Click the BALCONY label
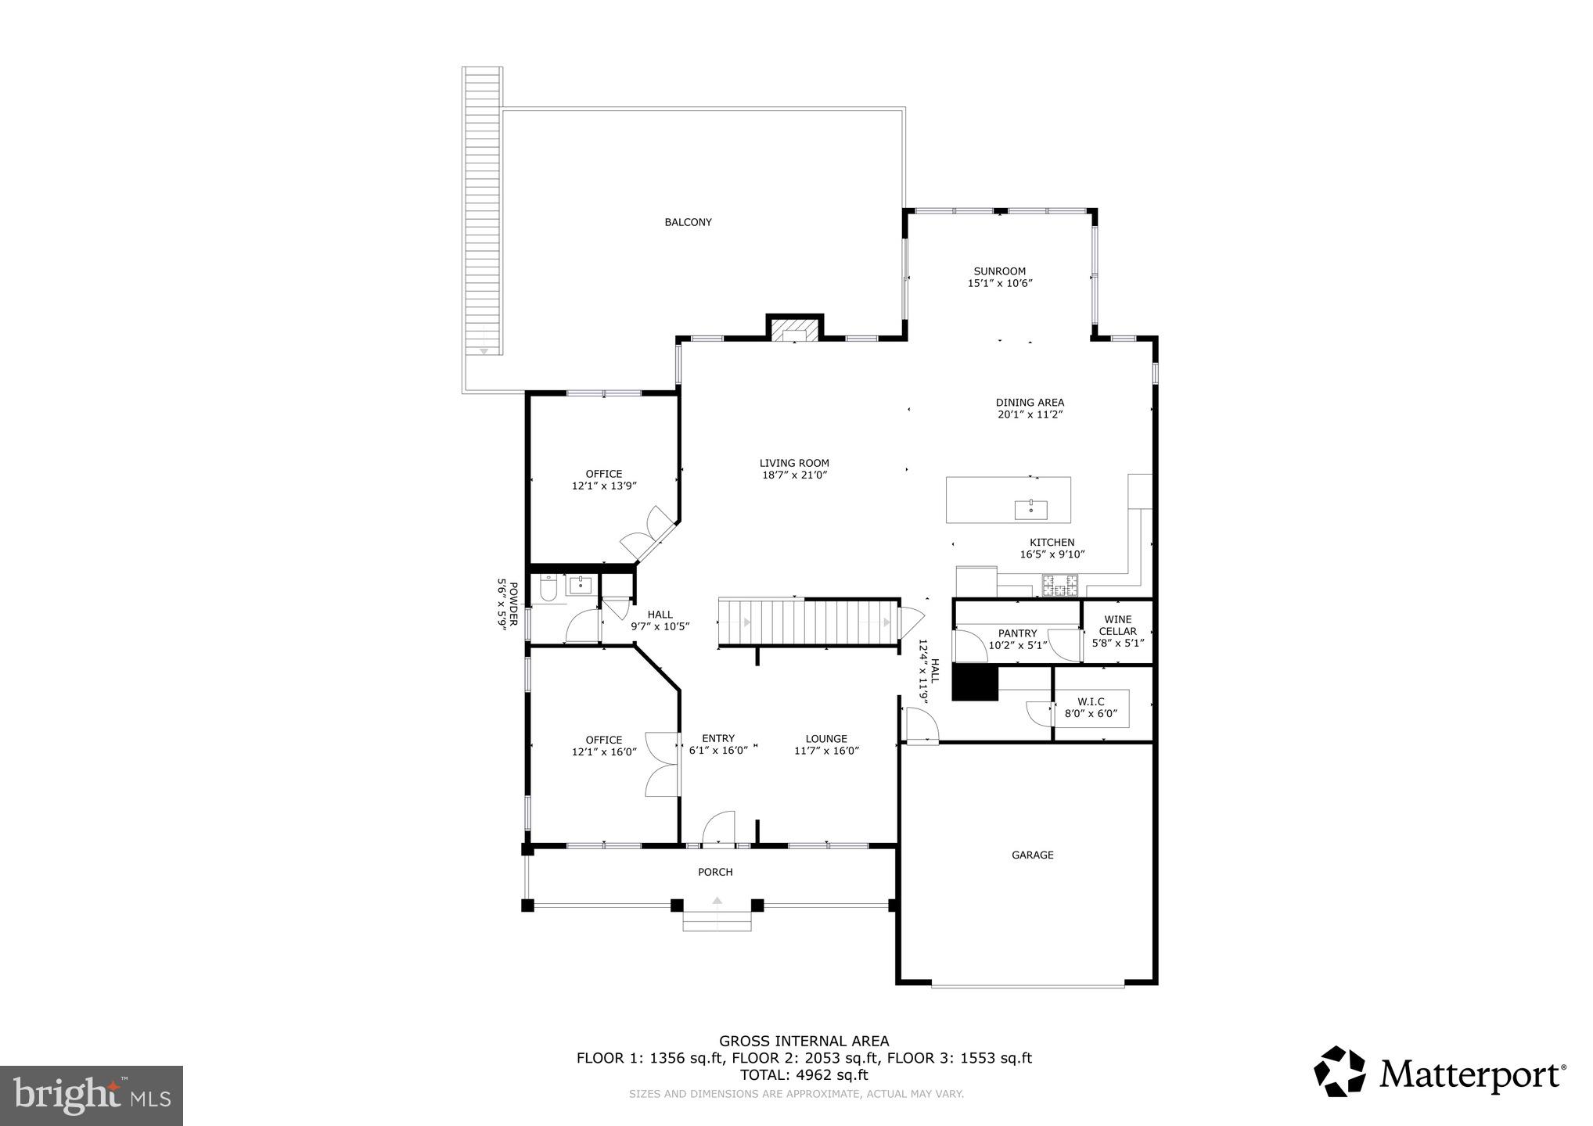click(x=688, y=222)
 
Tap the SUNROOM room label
click(x=999, y=271)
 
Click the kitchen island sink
click(x=1031, y=510)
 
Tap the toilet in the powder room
click(x=548, y=588)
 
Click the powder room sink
click(x=580, y=585)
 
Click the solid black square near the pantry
click(x=975, y=683)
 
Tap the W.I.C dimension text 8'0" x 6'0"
click(x=1091, y=714)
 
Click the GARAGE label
click(x=1032, y=855)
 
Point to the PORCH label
click(x=715, y=872)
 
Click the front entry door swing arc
click(x=718, y=827)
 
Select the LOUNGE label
click(x=826, y=738)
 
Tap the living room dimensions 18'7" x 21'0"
click(x=794, y=475)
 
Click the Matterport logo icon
click(x=1339, y=1071)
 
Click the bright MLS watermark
click(x=92, y=1096)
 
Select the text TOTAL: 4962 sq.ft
click(x=804, y=1075)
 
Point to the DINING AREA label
click(x=1030, y=402)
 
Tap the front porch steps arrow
click(x=717, y=901)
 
